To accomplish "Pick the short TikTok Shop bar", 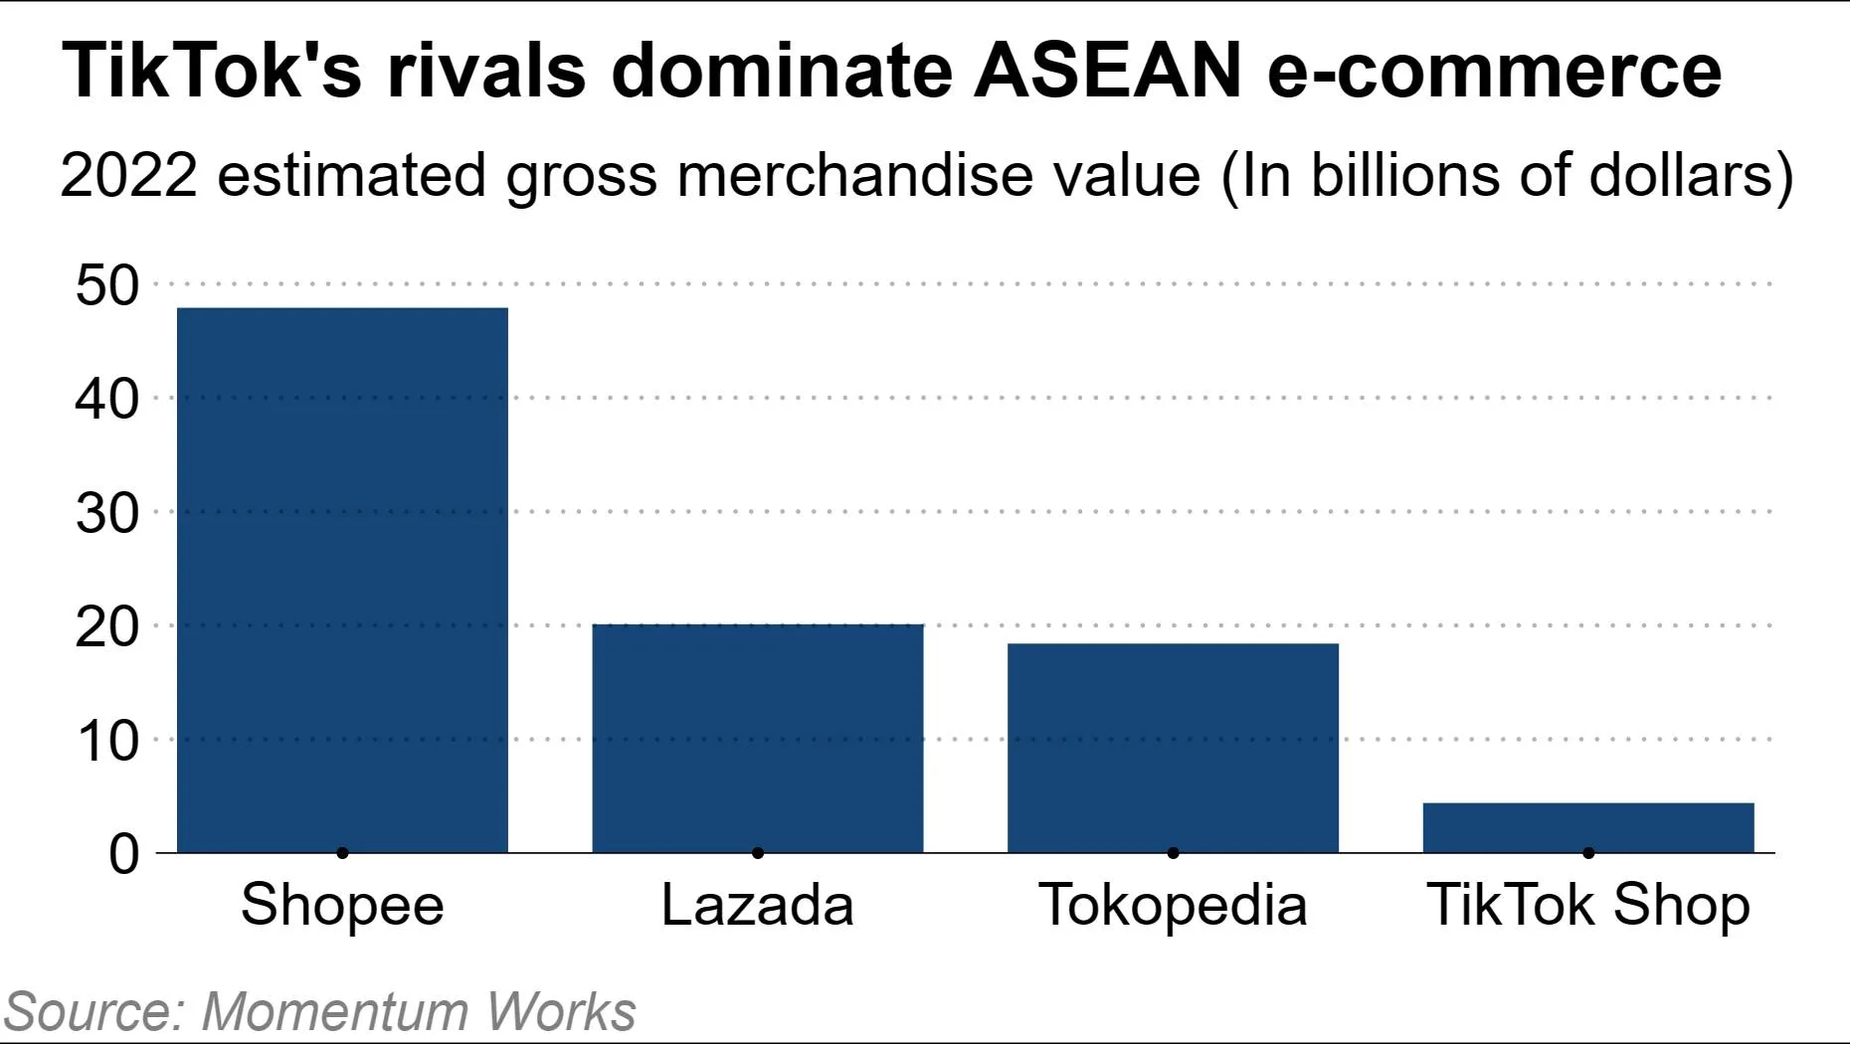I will (1588, 827).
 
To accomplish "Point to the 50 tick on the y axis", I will (107, 285).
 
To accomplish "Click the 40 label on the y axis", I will (107, 399).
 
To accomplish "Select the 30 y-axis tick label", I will (107, 513).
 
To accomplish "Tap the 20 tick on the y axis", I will (107, 627).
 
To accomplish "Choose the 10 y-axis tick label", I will (107, 741).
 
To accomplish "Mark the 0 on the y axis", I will (124, 854).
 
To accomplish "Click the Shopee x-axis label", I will (342, 905).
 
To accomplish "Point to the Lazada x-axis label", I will (757, 905).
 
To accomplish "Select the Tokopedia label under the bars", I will (1173, 905).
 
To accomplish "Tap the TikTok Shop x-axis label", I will (1588, 905).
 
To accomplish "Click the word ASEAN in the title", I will (1107, 71).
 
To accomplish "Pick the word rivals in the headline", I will (485, 71).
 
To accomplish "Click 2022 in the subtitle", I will (128, 176).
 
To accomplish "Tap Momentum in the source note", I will (334, 1011).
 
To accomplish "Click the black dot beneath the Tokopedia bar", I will (1174, 853).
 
